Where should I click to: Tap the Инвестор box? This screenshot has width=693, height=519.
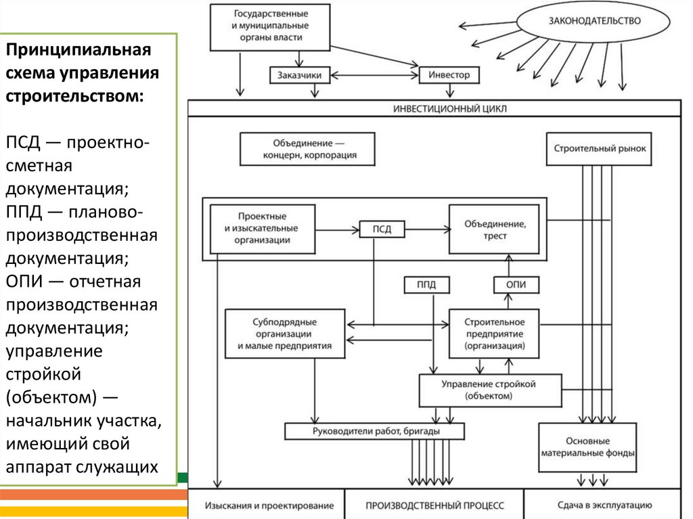[449, 75]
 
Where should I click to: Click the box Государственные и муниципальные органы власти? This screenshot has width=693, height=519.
[271, 26]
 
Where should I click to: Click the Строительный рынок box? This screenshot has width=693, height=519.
[600, 148]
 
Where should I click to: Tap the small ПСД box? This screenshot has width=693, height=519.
[382, 229]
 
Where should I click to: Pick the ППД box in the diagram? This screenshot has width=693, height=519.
[420, 285]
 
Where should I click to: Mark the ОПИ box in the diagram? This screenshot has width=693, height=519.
[516, 285]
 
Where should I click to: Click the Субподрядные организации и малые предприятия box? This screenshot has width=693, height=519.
[284, 333]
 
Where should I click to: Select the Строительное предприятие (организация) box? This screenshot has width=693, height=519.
[495, 333]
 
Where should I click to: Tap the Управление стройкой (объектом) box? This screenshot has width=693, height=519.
[489, 390]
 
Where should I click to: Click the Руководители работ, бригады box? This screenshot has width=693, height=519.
[374, 431]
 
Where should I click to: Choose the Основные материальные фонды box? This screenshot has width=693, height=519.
[587, 448]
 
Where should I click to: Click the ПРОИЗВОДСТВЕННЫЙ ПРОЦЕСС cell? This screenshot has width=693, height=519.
[434, 505]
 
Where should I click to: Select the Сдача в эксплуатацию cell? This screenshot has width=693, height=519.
[604, 505]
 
